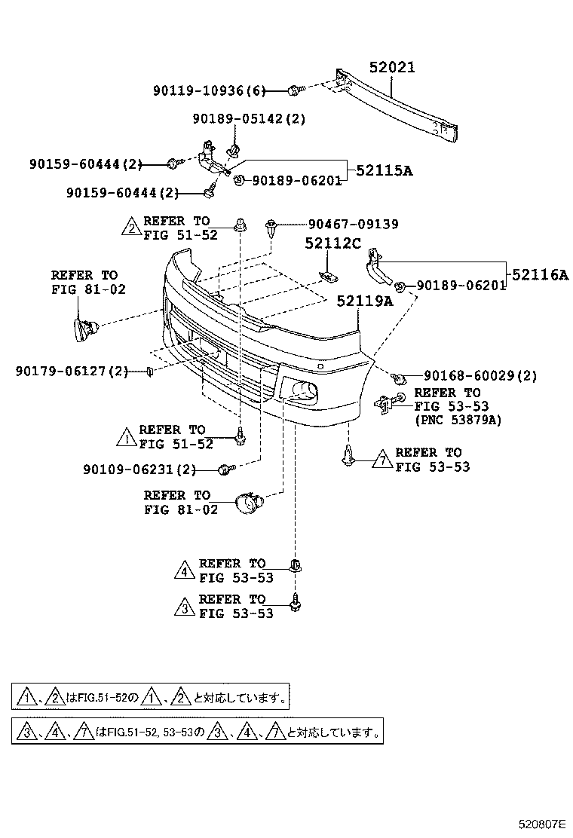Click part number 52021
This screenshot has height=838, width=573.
(x=392, y=68)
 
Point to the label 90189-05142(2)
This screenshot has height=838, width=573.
(x=249, y=119)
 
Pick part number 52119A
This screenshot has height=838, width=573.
(x=365, y=301)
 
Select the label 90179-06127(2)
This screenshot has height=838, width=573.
(x=71, y=371)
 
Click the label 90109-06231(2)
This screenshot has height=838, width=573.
(x=139, y=469)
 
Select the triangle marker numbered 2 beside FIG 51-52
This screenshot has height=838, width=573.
(x=130, y=228)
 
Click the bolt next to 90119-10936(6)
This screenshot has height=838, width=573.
(x=294, y=91)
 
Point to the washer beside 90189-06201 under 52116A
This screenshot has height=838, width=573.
(x=401, y=286)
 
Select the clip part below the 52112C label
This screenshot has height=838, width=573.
(x=327, y=277)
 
